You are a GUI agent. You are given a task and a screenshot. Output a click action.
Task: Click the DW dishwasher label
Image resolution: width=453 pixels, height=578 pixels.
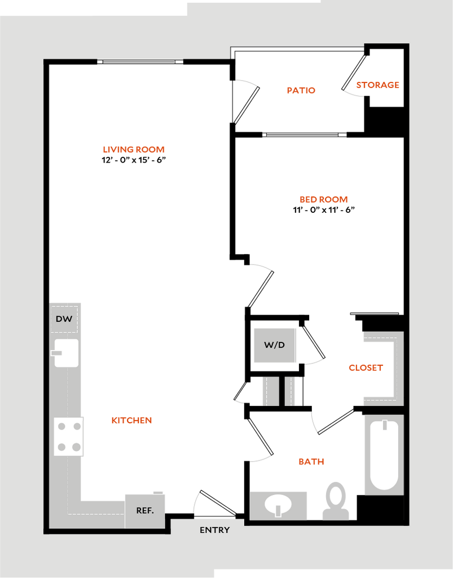click(64, 319)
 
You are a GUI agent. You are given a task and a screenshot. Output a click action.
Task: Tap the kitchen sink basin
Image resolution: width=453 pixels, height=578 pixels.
click(67, 353)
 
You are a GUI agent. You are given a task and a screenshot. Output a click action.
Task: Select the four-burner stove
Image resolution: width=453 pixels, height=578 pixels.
click(69, 436)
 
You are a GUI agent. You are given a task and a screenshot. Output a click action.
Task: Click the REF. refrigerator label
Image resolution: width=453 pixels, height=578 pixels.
click(145, 510)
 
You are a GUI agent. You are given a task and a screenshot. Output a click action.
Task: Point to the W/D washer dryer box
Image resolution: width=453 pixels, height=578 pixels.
click(275, 345)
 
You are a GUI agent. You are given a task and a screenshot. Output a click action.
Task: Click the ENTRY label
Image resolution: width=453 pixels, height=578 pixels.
click(215, 530)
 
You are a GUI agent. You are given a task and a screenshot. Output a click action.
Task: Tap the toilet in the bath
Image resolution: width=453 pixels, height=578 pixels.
click(336, 500)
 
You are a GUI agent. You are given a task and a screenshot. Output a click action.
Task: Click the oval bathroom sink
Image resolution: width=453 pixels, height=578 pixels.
click(278, 503)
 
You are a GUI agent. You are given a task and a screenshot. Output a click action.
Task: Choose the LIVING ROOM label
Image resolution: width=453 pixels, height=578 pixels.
click(134, 150)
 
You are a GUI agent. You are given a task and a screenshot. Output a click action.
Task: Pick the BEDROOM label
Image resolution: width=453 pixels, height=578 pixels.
click(324, 199)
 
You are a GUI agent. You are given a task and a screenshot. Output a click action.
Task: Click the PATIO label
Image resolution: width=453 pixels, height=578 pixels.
click(301, 90)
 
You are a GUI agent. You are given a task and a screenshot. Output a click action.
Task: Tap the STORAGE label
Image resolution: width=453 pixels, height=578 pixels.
click(377, 85)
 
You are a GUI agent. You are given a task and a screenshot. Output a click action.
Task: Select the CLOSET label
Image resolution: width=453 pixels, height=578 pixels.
click(366, 367)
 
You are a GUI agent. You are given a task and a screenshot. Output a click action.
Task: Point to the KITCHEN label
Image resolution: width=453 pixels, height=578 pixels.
click(131, 421)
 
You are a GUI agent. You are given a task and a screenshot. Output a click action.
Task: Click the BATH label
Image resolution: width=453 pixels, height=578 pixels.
click(311, 462)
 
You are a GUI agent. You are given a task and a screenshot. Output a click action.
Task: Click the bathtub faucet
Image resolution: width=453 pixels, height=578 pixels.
click(385, 425)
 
